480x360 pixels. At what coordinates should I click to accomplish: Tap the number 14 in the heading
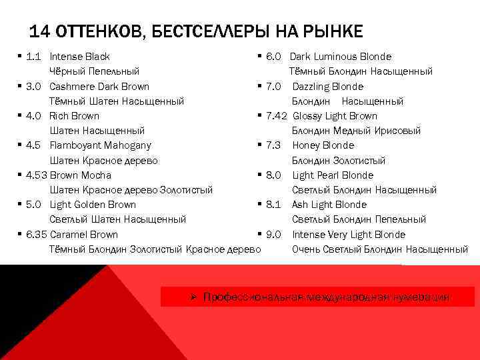(41, 31)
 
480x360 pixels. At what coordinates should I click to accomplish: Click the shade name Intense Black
(79, 57)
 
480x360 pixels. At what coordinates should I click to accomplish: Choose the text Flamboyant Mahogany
(100, 145)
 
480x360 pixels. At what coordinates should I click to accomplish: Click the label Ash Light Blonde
(329, 205)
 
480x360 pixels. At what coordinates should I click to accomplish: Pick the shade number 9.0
(273, 235)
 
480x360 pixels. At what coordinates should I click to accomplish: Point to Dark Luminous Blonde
(340, 57)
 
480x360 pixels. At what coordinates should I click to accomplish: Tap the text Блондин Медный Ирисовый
(356, 131)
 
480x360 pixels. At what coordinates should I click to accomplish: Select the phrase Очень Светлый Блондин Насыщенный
(380, 249)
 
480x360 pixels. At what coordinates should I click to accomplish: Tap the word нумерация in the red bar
(421, 297)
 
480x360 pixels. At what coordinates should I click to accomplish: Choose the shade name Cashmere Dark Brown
(99, 87)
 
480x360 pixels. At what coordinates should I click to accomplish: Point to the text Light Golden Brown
(93, 205)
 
